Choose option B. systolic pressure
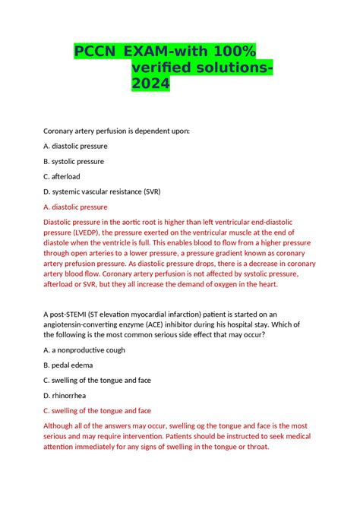point(74,161)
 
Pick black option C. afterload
point(62,176)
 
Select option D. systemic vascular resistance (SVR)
point(102,191)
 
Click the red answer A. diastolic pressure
point(76,207)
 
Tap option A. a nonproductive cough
point(84,350)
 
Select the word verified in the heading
point(163,70)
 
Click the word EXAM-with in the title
point(159,52)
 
